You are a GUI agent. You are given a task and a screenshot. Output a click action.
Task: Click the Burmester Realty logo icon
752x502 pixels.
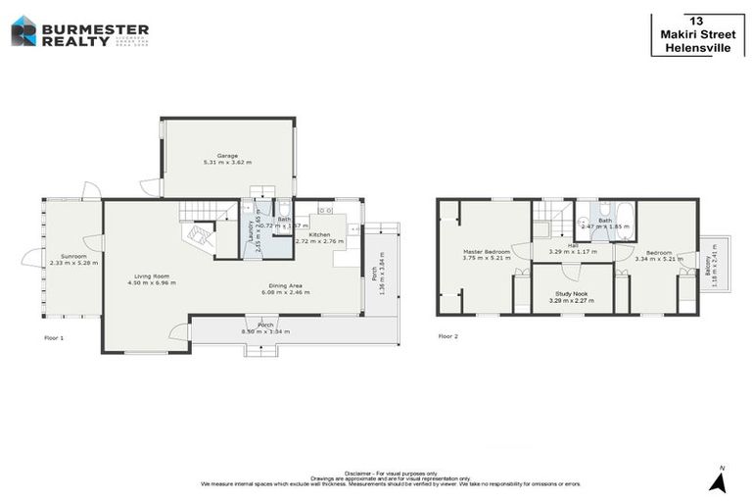click(x=23, y=31)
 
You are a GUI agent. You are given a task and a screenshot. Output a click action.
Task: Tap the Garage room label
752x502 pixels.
click(x=227, y=155)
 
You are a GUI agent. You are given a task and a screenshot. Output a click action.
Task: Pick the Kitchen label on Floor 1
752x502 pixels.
click(x=320, y=234)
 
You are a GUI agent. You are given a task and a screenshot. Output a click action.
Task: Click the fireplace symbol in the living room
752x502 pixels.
click(x=201, y=236)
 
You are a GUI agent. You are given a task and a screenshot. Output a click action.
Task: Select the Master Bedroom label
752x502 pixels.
click(x=487, y=252)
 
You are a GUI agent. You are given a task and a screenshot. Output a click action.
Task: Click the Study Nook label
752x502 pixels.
click(x=573, y=293)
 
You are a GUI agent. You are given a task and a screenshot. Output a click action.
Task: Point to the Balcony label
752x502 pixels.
click(x=708, y=262)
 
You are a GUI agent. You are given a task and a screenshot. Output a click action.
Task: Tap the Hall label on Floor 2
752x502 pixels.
click(x=573, y=245)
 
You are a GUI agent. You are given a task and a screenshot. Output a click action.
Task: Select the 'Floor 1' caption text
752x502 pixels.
click(x=54, y=337)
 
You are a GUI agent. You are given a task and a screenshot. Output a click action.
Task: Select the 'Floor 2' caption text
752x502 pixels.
click(x=447, y=336)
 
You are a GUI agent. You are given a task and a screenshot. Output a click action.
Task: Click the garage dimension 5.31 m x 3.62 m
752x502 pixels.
click(x=227, y=162)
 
